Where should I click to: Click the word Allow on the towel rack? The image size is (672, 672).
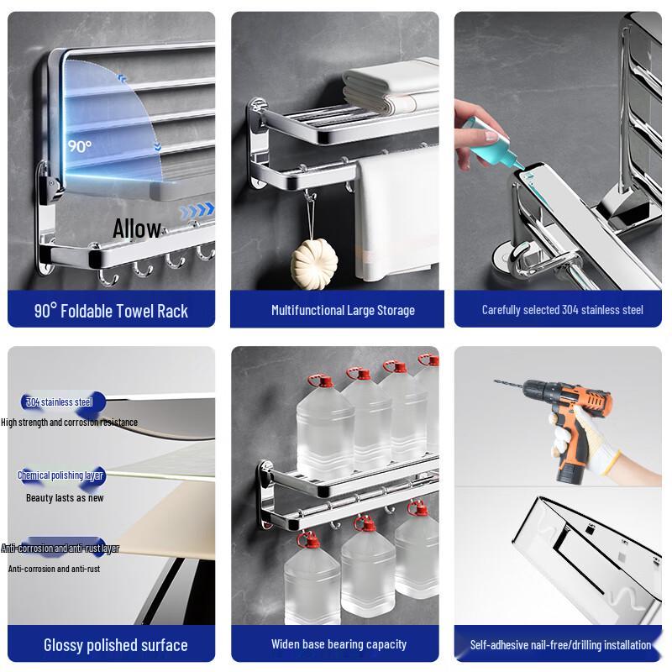tap(137, 228)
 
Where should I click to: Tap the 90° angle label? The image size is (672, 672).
tap(80, 145)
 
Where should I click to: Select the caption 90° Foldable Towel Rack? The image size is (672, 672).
tap(111, 311)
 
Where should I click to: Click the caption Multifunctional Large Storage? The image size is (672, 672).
tap(343, 311)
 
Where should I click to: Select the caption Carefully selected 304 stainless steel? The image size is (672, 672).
tap(562, 310)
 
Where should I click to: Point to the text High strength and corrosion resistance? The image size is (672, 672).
tap(69, 423)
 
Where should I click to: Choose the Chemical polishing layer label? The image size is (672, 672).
tap(62, 475)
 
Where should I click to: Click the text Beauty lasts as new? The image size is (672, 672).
tap(65, 497)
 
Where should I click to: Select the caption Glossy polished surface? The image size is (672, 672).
tap(115, 645)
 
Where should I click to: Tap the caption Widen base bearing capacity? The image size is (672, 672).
tap(339, 644)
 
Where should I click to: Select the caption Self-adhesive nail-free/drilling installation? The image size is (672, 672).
tap(560, 645)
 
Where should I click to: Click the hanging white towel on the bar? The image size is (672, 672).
tap(383, 227)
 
